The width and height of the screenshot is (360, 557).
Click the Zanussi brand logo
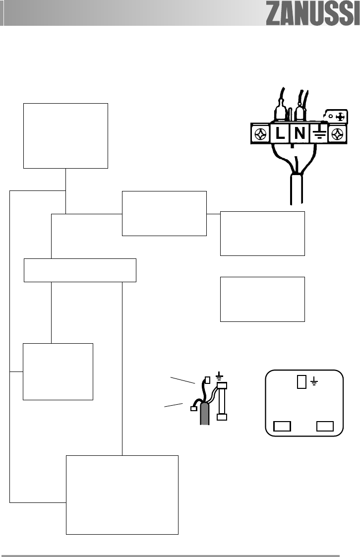(x=312, y=15)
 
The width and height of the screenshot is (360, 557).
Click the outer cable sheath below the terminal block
(x=296, y=188)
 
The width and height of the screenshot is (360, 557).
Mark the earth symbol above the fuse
(x=219, y=376)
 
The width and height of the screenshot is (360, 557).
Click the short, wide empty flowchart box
(x=80, y=270)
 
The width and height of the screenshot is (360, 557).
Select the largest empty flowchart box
(x=122, y=495)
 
